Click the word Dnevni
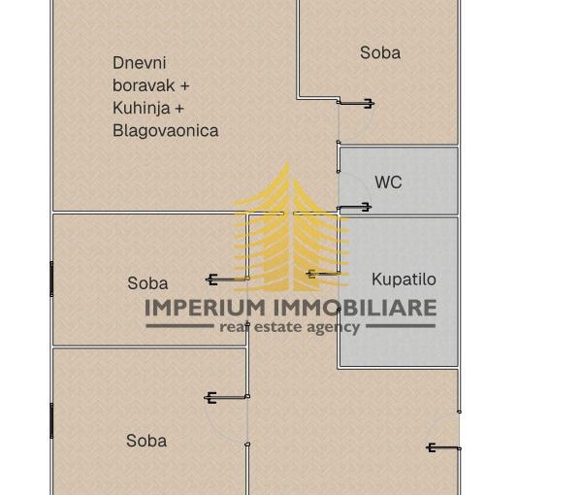(132, 63)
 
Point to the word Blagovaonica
(166, 130)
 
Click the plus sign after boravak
(184, 85)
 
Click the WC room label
(388, 182)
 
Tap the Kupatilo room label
(404, 280)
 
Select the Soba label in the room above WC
(380, 53)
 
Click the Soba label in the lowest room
(146, 441)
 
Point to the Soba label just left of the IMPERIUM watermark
(147, 283)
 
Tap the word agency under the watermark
(335, 328)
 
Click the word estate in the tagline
(282, 328)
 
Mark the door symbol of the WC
(354, 207)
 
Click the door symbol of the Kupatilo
(323, 274)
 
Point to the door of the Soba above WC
(355, 104)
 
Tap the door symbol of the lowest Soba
(226, 397)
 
